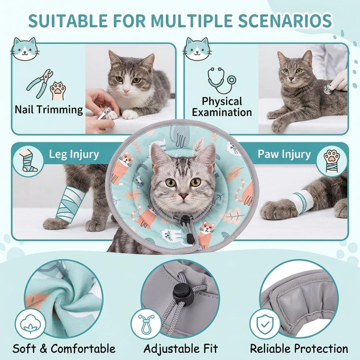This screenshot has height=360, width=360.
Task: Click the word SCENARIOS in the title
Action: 285,21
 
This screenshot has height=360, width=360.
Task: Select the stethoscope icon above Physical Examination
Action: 221,81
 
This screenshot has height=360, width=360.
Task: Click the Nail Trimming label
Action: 49,109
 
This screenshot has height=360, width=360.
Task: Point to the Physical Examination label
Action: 222,107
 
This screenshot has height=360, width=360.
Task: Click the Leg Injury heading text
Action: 74,154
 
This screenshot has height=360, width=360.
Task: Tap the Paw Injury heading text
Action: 284,154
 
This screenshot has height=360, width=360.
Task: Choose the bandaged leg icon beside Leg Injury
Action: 28,161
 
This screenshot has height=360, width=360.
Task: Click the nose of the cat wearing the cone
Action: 184,196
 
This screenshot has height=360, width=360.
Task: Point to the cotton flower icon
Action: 30,324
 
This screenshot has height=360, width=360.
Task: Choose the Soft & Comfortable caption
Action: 64,348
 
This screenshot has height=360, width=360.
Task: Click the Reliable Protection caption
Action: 299,348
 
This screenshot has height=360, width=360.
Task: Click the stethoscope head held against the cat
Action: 328,89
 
